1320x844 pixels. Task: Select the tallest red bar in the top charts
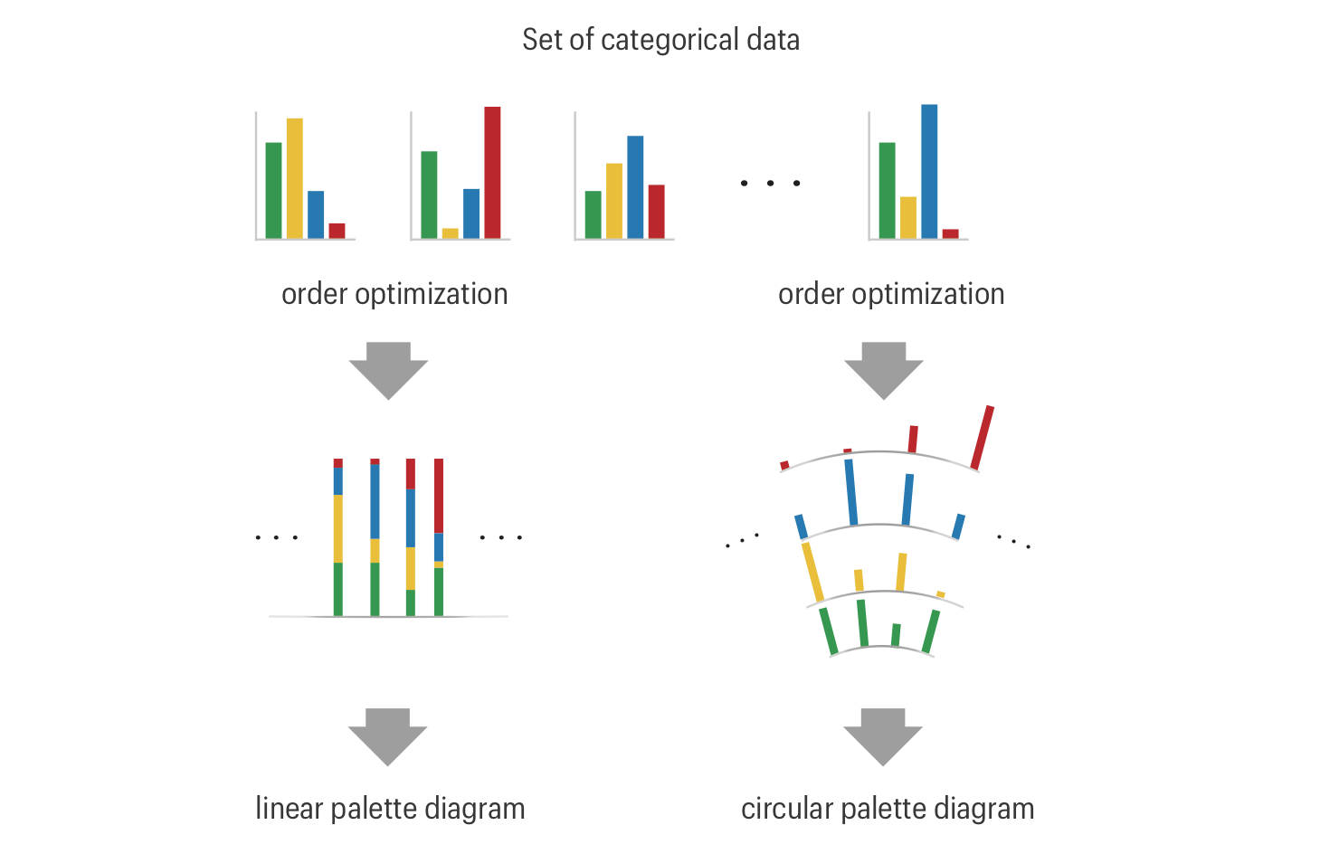[x=492, y=172]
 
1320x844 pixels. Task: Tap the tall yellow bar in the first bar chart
[x=295, y=178]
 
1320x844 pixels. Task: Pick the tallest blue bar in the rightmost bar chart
[x=929, y=171]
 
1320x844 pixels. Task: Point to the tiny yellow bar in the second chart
[x=451, y=233]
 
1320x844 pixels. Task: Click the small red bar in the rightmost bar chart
[x=950, y=233]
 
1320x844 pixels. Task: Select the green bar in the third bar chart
[x=594, y=214]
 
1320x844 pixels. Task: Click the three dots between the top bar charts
[x=770, y=184]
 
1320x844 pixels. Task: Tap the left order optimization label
[x=394, y=294]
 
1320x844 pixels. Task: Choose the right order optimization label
[x=891, y=294]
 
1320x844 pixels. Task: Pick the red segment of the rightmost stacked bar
[x=439, y=495]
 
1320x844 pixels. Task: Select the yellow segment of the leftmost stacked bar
[x=338, y=528]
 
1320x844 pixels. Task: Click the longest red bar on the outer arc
[x=983, y=438]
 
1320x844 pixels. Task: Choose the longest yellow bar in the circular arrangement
[x=812, y=572]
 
